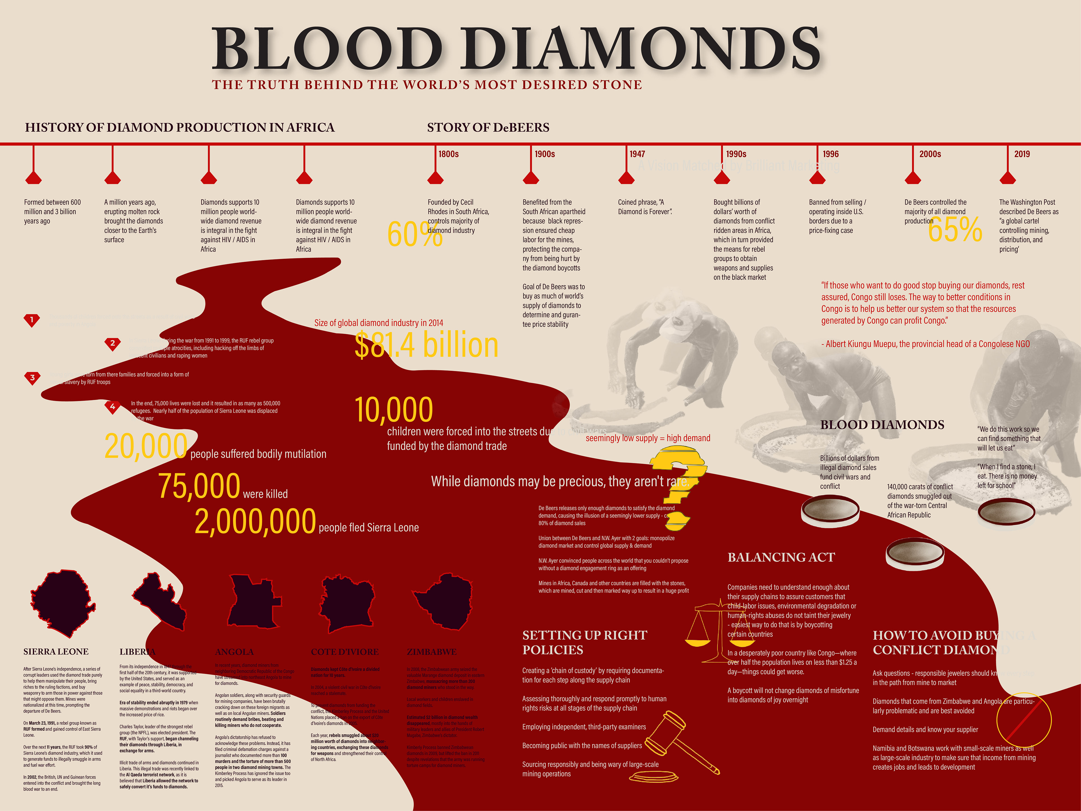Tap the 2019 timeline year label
point(1022,154)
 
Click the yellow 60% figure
point(414,234)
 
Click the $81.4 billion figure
point(426,345)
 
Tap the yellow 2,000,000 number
point(255,521)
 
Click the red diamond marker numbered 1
point(32,320)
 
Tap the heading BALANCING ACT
point(781,557)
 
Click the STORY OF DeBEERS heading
point(488,128)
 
